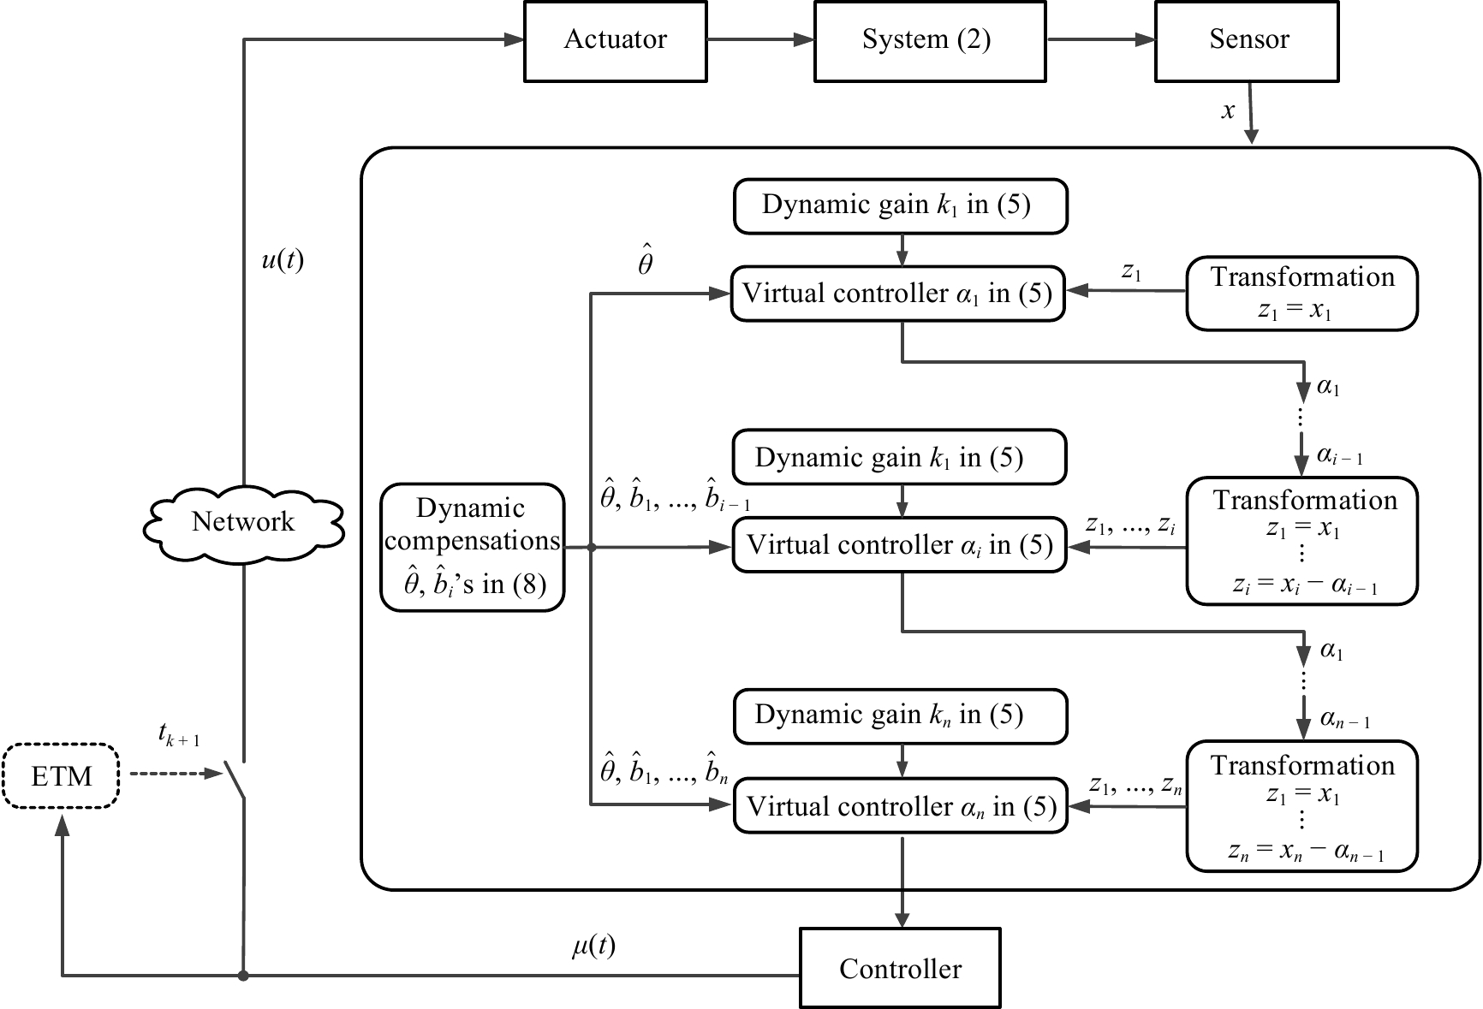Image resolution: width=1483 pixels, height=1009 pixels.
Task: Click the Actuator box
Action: tap(615, 41)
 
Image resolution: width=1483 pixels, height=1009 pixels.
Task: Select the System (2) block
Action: tap(929, 41)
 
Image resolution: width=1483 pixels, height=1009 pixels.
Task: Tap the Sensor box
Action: tap(1247, 41)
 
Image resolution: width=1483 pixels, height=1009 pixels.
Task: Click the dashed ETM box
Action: tap(61, 776)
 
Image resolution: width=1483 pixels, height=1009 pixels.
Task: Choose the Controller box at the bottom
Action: tap(900, 968)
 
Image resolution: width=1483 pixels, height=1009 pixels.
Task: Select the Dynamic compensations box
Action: tap(472, 547)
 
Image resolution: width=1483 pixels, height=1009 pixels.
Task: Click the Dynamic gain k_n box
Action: tap(900, 715)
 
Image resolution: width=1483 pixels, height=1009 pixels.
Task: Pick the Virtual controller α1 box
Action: tap(897, 294)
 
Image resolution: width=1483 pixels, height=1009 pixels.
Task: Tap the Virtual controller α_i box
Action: tap(899, 545)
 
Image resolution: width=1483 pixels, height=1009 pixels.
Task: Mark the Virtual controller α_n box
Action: tap(901, 806)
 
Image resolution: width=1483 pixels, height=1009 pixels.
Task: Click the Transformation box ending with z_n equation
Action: tap(1301, 806)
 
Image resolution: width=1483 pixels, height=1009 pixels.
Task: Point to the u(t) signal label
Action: tap(282, 260)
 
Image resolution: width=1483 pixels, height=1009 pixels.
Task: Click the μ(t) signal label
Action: tap(593, 946)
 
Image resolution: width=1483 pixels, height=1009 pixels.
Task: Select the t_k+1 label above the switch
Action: tap(178, 734)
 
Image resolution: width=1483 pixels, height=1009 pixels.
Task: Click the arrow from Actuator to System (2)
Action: tap(760, 39)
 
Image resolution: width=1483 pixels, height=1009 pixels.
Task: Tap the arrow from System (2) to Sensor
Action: tap(1100, 39)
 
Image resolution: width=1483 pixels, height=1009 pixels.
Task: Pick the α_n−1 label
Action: tap(1344, 720)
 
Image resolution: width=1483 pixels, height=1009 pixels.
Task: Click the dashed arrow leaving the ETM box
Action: tap(176, 775)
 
